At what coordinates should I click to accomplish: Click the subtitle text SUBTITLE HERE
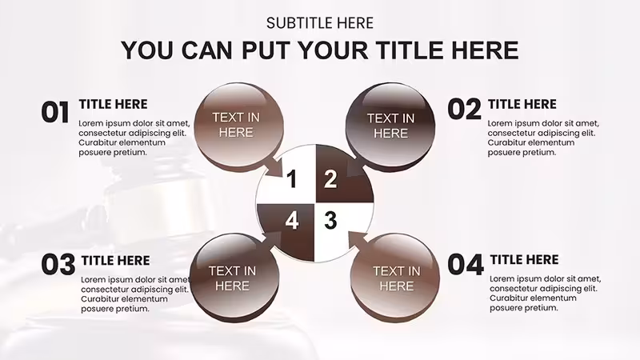320,23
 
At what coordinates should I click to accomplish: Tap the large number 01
55,113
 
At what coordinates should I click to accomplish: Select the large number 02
465,110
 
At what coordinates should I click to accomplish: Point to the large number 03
58,265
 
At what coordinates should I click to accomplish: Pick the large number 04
466,265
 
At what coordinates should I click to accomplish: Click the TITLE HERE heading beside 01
113,104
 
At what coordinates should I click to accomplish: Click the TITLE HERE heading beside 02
522,104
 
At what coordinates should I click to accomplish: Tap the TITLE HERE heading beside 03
115,261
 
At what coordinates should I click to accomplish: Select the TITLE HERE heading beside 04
525,259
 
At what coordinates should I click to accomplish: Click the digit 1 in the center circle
291,179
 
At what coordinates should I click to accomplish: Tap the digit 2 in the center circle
330,178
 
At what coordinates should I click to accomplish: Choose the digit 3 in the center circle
330,220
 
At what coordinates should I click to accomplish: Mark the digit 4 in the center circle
292,221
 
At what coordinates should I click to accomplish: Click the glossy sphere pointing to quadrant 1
238,127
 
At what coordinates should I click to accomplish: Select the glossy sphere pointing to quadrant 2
390,126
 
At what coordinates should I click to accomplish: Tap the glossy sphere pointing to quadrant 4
235,278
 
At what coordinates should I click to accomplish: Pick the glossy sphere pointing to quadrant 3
394,278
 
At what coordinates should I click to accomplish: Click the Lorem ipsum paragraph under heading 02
543,138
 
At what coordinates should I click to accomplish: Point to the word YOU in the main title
148,50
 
